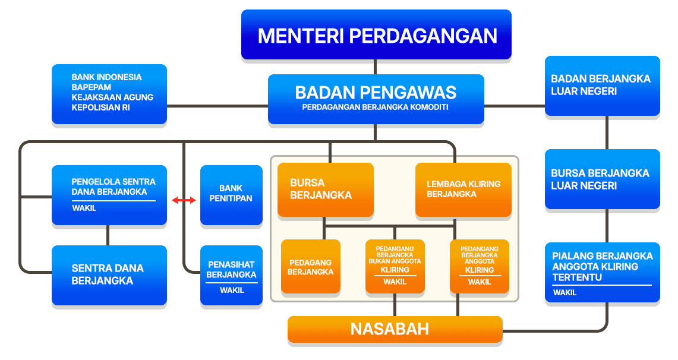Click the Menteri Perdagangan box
(376, 34)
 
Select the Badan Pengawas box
(376, 99)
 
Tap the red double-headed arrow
(184, 201)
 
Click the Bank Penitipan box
(231, 195)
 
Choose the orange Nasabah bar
(395, 329)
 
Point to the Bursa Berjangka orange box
(325, 190)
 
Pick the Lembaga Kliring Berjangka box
(463, 190)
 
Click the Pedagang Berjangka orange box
(311, 267)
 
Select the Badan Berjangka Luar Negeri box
(602, 86)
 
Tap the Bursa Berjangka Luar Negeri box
(602, 179)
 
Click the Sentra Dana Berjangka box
(109, 275)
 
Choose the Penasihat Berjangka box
(231, 275)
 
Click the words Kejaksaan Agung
(112, 97)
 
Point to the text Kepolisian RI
(100, 108)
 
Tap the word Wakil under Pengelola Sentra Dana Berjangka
(84, 209)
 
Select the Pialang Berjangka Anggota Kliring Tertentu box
(602, 272)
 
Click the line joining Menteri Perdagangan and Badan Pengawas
(375, 67)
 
